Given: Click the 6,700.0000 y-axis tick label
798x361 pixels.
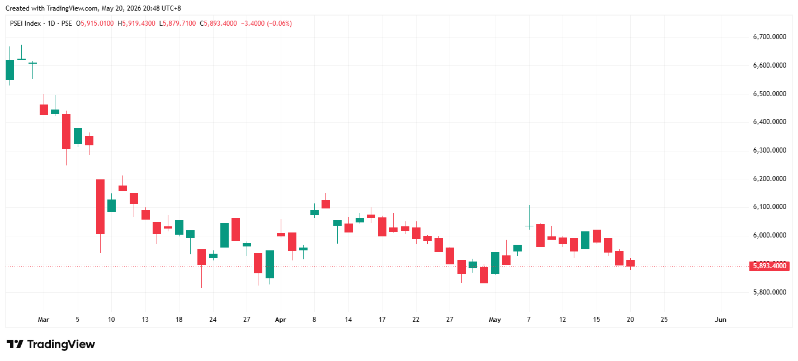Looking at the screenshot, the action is click(769, 37).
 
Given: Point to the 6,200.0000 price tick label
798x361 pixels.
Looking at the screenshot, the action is click(769, 179).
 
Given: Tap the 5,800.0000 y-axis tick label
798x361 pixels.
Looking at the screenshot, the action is click(769, 292).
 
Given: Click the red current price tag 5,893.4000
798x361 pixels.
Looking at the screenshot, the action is click(769, 266).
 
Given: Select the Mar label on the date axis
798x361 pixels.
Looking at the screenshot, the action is click(44, 320).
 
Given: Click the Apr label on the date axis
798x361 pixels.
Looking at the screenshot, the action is click(280, 320).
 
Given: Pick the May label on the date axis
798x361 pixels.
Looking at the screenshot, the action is click(495, 320).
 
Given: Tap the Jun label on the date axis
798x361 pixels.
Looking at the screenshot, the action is click(720, 320).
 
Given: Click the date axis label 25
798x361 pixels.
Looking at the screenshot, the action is click(664, 320).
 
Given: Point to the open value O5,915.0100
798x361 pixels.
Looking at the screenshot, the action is click(95, 23).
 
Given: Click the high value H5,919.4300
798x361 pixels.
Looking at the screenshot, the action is click(136, 23).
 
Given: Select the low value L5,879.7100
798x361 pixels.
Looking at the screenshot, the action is click(177, 23).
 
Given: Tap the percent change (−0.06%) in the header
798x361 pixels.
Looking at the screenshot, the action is click(279, 23).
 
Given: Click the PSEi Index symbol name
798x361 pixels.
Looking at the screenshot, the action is click(25, 23).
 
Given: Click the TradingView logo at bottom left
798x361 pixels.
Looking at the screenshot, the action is click(51, 344).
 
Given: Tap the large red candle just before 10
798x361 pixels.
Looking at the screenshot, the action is click(101, 207).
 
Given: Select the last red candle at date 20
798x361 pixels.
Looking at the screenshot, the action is click(631, 263).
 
